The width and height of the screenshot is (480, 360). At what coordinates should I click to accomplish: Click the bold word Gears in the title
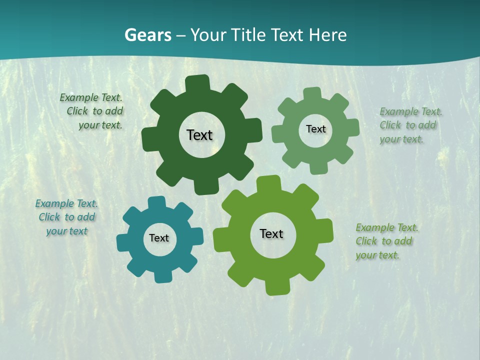pyautogui.click(x=147, y=35)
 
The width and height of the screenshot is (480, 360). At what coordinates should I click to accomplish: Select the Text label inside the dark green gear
pyautogui.click(x=199, y=135)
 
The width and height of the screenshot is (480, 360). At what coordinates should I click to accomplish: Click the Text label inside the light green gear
pyautogui.click(x=315, y=129)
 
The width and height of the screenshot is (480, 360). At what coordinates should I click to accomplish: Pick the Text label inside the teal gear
pyautogui.click(x=159, y=238)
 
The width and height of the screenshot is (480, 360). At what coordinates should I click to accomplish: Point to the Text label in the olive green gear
pyautogui.click(x=271, y=233)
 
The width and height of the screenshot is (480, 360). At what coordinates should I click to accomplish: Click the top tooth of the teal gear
pyautogui.click(x=156, y=202)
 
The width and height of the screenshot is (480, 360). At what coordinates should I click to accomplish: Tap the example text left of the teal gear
pyautogui.click(x=66, y=217)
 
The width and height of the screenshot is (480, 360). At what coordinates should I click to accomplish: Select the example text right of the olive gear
pyautogui.click(x=386, y=241)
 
